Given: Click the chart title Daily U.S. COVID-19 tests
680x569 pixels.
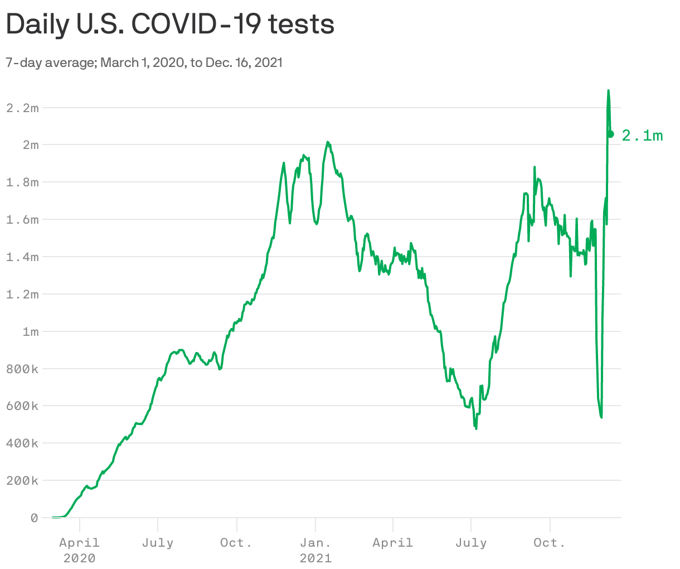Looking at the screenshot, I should click(x=170, y=25).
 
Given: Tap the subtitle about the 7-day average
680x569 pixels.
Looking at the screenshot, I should click(x=144, y=62).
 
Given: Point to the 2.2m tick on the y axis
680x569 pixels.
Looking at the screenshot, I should click(x=22, y=108).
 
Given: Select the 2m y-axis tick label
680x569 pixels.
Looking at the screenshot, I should click(x=31, y=145).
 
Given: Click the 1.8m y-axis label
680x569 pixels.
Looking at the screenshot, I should click(x=22, y=182).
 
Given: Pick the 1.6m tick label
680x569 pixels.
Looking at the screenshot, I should click(x=22, y=220).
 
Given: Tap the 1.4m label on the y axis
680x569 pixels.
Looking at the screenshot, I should click(x=22, y=257).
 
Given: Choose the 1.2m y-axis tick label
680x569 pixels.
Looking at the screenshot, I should click(x=22, y=295).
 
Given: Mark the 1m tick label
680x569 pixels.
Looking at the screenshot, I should click(x=31, y=332).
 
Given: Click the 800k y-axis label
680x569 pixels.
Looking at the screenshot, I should click(x=22, y=369).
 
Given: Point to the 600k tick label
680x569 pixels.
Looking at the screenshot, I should click(x=22, y=406).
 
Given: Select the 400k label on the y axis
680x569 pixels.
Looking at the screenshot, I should click(x=22, y=443).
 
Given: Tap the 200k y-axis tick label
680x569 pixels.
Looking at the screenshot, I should click(x=22, y=481).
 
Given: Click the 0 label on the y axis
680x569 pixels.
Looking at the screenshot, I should click(x=35, y=518).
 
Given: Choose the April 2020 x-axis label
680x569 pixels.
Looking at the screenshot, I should click(x=80, y=549).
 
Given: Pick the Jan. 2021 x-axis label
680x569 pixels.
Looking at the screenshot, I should click(x=315, y=549).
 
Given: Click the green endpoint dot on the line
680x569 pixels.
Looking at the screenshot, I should click(x=611, y=134).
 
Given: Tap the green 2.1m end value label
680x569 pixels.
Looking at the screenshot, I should click(x=642, y=136).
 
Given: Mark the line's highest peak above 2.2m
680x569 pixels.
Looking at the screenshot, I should click(x=608, y=91).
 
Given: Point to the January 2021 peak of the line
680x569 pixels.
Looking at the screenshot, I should click(x=328, y=142).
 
